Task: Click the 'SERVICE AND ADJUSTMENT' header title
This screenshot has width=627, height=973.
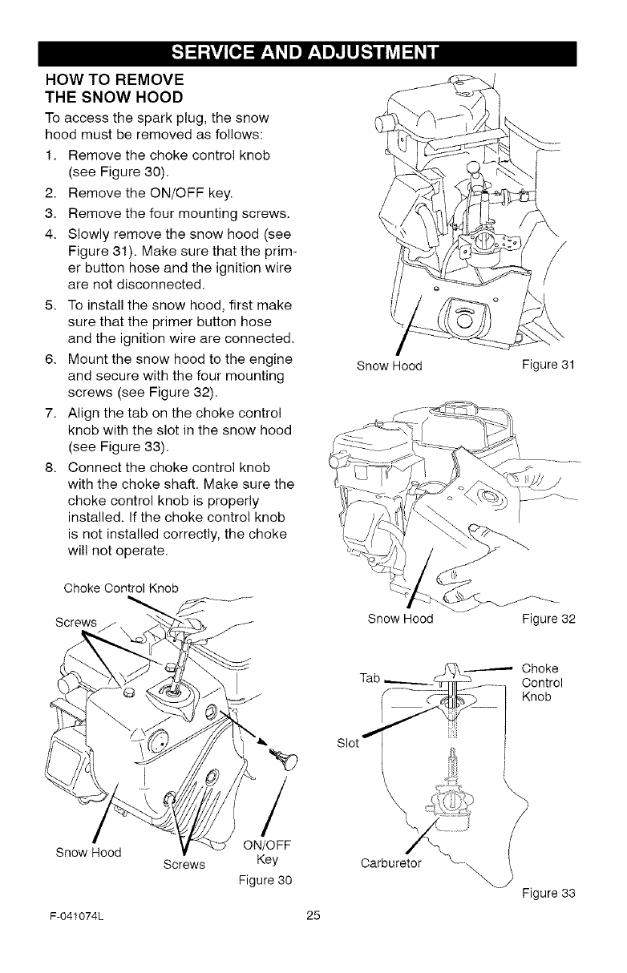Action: tap(313, 54)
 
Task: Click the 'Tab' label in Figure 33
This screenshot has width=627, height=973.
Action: tap(370, 679)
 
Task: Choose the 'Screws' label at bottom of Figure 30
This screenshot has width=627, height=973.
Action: tap(185, 865)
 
